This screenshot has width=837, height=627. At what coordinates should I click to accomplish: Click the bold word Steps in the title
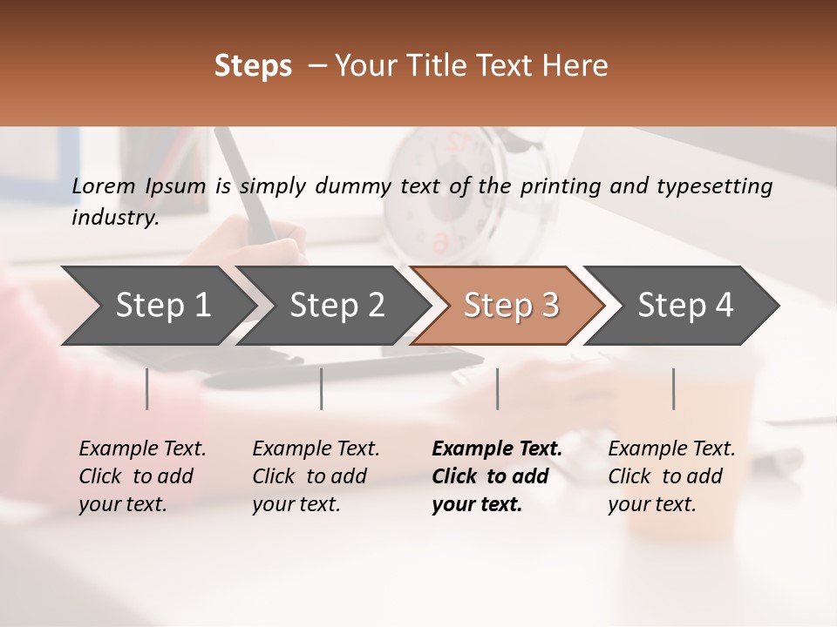(x=253, y=66)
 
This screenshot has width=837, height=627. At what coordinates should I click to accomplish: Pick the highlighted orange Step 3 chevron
(x=511, y=306)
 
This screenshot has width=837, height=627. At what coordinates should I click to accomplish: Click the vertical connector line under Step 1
(x=147, y=388)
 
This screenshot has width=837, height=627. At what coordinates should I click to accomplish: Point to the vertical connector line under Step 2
(x=322, y=388)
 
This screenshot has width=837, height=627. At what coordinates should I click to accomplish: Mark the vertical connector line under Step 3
(x=498, y=388)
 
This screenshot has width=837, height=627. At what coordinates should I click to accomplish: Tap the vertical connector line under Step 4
(x=673, y=388)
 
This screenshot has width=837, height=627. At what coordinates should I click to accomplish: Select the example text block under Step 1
(x=142, y=476)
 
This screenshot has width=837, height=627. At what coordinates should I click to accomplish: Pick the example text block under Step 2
(x=316, y=476)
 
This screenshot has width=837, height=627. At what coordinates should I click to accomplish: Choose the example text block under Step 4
(x=671, y=476)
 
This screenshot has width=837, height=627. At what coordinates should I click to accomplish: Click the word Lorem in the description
(x=104, y=185)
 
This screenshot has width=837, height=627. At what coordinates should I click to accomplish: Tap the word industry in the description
(x=115, y=218)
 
